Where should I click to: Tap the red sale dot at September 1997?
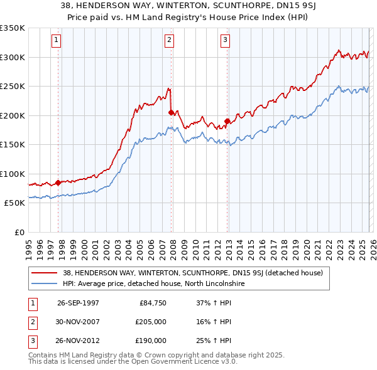pos(58,183)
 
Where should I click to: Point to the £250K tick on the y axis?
pos(13,87)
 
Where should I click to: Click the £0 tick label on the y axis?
pos(19,232)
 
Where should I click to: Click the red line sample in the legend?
pos(45,273)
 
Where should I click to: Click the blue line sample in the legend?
pos(45,284)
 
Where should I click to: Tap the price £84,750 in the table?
pos(153,303)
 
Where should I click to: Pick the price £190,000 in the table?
pos(151,341)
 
